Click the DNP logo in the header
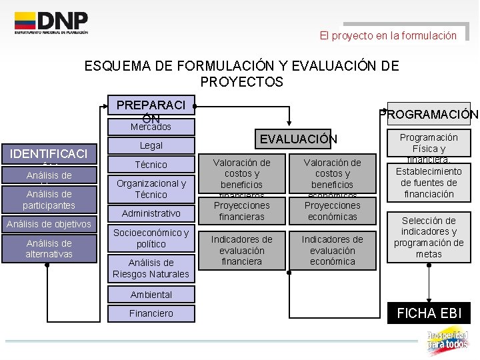(51, 23)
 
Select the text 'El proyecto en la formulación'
(388, 35)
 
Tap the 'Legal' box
(151, 145)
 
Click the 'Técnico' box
(151, 165)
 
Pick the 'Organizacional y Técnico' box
(151, 189)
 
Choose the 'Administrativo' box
(151, 213)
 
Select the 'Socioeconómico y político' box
(151, 238)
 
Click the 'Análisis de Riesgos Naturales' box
(151, 268)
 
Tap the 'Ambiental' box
(151, 295)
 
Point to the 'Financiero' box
(151, 313)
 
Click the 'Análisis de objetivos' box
(49, 224)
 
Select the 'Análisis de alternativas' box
(49, 249)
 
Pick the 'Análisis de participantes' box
(49, 200)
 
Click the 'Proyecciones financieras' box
(241, 211)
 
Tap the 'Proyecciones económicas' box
(332, 211)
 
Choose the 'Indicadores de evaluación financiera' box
(241, 250)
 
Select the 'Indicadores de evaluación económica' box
(332, 250)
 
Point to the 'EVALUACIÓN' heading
(298, 139)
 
